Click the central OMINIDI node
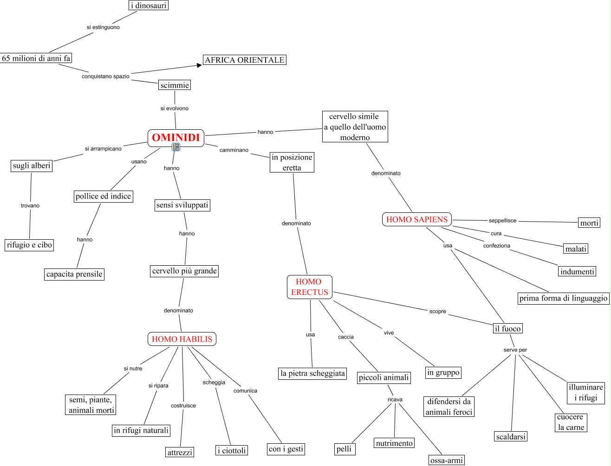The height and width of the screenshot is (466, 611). (175, 138)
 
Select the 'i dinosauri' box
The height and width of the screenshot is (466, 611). (149, 5)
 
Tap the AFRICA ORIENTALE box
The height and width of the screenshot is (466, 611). (244, 60)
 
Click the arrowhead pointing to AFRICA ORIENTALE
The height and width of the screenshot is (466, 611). (199, 65)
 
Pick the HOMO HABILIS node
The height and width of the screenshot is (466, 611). (182, 339)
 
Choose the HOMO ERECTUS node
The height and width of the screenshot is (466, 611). (310, 287)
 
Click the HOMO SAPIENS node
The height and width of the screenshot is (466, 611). (417, 219)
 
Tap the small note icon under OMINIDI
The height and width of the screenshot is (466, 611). (176, 147)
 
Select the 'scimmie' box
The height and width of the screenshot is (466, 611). (175, 85)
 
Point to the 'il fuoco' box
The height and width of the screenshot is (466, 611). (507, 328)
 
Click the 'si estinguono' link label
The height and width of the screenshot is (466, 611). (103, 27)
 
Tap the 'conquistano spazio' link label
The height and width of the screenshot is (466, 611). (105, 76)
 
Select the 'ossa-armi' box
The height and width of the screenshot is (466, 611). (447, 460)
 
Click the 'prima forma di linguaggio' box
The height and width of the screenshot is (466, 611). (563, 298)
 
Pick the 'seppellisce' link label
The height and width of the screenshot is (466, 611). (502, 220)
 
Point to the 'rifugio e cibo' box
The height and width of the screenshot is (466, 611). (29, 245)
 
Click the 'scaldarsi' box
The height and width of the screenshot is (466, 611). (511, 436)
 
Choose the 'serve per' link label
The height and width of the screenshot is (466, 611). (515, 350)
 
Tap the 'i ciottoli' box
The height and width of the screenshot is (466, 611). (232, 450)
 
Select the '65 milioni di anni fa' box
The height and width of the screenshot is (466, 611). (36, 58)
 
